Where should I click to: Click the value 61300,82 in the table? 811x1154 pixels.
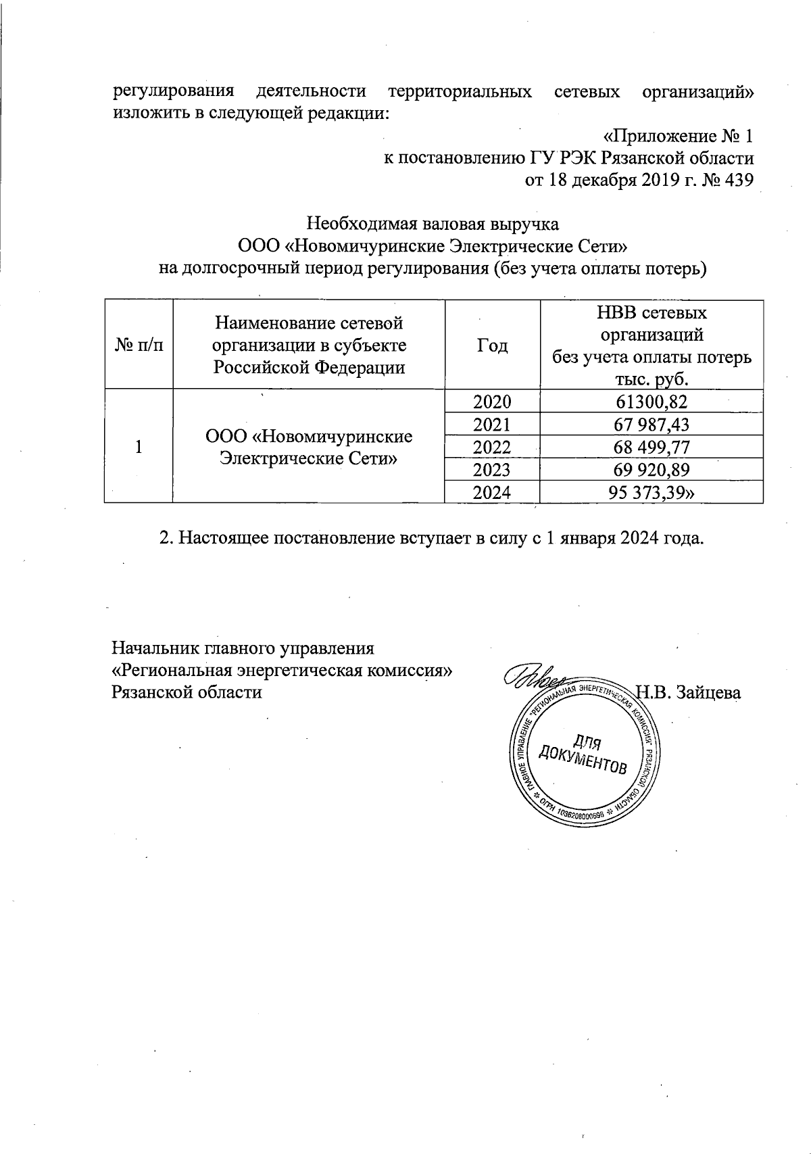pos(652,402)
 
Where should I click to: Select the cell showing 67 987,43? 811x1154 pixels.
pos(652,424)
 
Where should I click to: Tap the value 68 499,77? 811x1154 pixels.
pos(652,447)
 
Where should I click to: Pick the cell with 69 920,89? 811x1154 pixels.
pos(652,469)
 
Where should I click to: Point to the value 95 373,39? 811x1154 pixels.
pos(652,492)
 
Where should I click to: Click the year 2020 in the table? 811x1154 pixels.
pos(493,402)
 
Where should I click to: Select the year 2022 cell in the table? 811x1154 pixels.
pos(493,447)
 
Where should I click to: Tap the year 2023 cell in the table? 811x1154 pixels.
pos(493,469)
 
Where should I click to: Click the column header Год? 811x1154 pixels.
pos(493,345)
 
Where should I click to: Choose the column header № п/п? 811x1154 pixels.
pos(139,345)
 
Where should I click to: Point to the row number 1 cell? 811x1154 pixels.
pos(139,447)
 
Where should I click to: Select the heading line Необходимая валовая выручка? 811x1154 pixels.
pos(433,223)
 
